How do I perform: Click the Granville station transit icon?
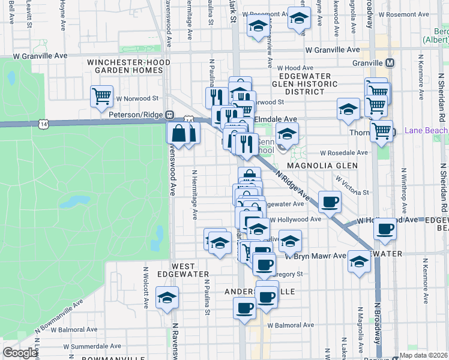point(390,63)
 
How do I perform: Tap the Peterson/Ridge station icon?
point(170,115)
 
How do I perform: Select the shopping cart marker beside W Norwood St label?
point(102,96)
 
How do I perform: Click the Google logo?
point(20,353)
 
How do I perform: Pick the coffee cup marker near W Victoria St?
point(329,202)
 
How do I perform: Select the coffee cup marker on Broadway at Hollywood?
point(385,229)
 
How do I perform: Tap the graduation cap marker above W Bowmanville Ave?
point(167,298)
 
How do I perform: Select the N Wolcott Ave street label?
point(146,292)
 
